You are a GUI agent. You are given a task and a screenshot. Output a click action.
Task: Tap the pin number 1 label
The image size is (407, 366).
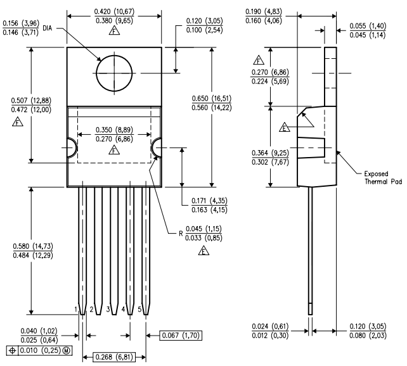tap(75, 309)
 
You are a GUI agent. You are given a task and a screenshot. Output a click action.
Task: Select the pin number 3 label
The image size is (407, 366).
tap(108, 309)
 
